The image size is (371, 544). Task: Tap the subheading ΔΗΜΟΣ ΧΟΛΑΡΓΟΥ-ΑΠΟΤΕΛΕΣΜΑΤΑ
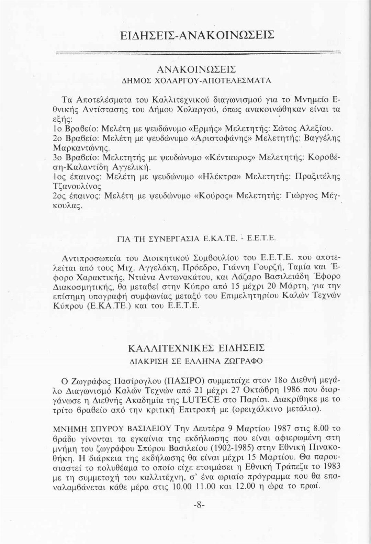(x=196, y=80)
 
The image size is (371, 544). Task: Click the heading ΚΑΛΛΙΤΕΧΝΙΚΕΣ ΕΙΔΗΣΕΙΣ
(x=196, y=348)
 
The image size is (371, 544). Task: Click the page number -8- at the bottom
(x=199, y=505)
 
